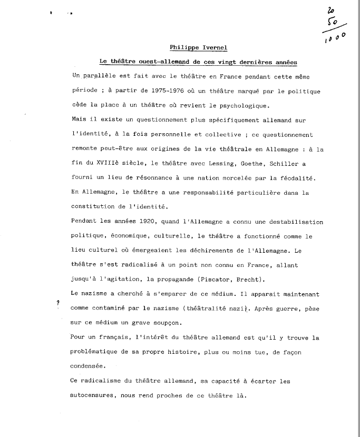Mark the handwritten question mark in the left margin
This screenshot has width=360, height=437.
(57, 303)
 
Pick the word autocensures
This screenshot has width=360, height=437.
(95, 394)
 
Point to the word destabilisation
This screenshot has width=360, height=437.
(296, 221)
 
